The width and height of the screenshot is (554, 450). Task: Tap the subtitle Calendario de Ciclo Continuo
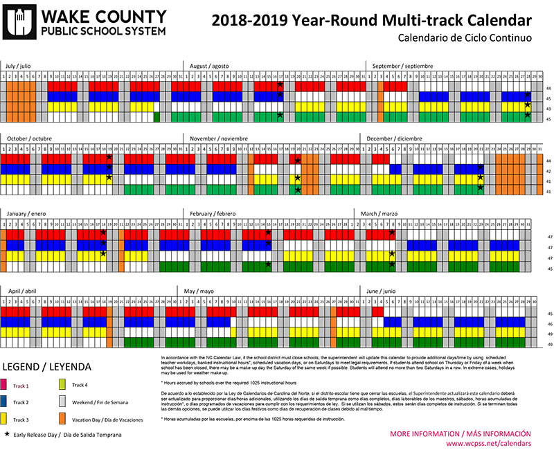[x=465, y=39]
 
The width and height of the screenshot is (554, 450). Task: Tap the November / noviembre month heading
[x=219, y=137]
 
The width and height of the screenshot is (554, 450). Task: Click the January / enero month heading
[x=26, y=214]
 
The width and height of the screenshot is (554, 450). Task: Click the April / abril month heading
[x=23, y=291]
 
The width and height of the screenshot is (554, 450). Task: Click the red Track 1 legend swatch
[x=8, y=385]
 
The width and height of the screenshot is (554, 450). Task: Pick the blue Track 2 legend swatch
[x=8, y=402]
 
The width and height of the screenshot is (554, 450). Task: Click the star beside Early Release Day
[x=7, y=435]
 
